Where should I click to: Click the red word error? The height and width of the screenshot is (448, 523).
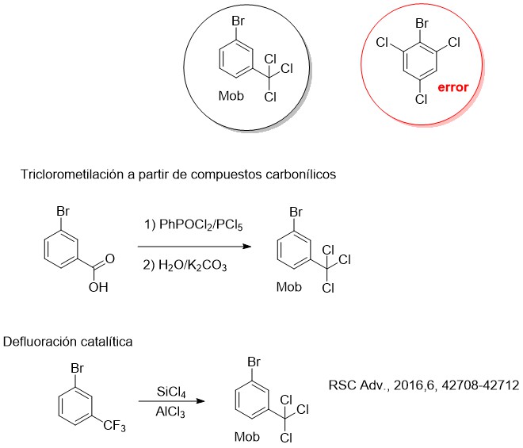coord(453,87)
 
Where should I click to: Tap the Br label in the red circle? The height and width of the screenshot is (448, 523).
coord(422,23)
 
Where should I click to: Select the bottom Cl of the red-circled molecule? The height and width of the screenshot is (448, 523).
coord(422,99)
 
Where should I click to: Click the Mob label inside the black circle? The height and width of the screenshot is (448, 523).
coord(231,96)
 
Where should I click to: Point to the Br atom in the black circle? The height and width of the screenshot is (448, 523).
coord(239,21)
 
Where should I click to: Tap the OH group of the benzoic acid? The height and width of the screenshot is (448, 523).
coord(98,287)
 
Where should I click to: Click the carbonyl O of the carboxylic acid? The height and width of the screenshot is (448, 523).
coord(109,258)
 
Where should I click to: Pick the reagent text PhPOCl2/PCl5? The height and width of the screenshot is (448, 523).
coord(200,224)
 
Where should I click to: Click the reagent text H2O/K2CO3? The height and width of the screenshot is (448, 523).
coord(193,266)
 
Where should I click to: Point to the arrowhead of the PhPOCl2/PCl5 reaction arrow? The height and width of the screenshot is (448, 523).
coord(247,247)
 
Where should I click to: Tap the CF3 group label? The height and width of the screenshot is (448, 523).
coord(114,426)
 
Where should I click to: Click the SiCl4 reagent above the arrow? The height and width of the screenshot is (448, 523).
coord(171,392)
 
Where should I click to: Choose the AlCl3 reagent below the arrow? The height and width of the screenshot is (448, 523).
coord(170,412)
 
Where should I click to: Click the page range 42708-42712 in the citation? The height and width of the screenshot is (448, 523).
coord(480,385)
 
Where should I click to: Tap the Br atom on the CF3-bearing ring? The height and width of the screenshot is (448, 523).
coord(77,369)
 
